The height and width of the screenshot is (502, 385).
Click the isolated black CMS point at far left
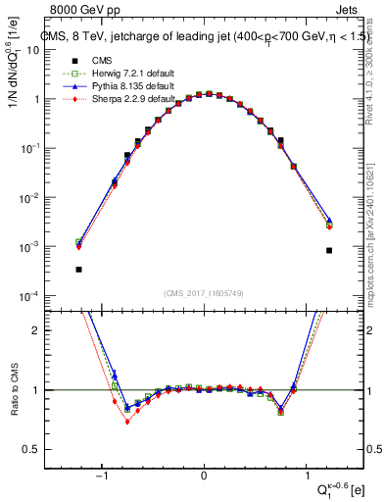tap(78, 269)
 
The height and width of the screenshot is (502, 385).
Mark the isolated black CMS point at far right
tap(329, 250)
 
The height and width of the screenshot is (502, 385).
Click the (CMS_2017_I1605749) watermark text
tap(204, 292)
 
